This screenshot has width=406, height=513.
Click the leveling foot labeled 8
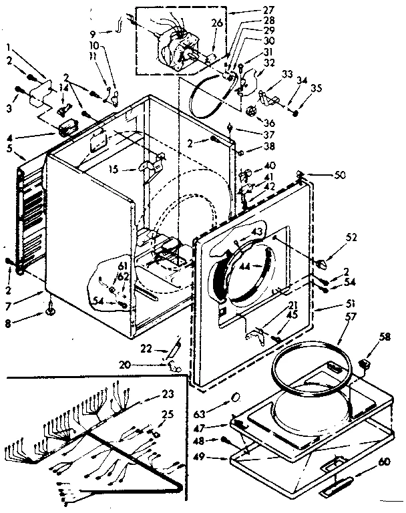[x=51, y=310]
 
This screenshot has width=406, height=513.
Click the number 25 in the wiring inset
[x=167, y=415]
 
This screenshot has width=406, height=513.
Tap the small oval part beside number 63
[x=235, y=398]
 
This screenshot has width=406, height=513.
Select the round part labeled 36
[x=252, y=110]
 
